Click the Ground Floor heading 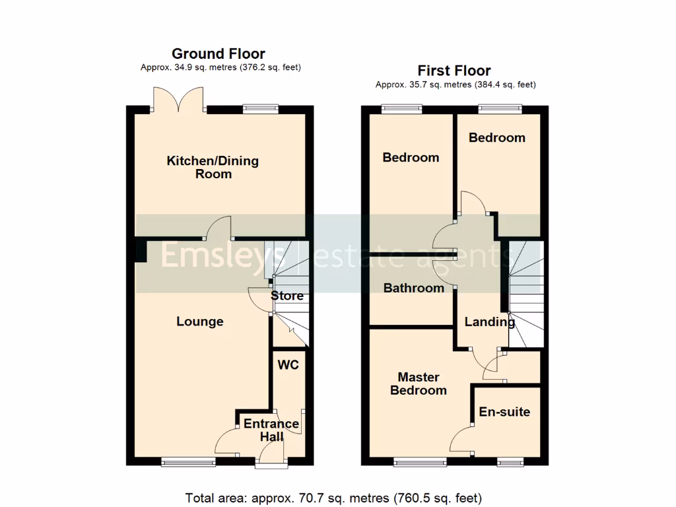(x=219, y=53)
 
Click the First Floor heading (x=454, y=71)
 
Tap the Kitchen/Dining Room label (x=213, y=167)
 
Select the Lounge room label (x=200, y=321)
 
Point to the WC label (x=288, y=365)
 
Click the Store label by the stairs (x=288, y=295)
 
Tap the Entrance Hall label (x=271, y=430)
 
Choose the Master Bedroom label (x=419, y=384)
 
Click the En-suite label (x=504, y=411)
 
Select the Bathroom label (x=414, y=288)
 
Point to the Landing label (x=489, y=322)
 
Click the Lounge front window (x=189, y=461)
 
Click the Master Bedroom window (x=419, y=461)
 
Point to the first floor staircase (x=525, y=294)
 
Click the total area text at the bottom (x=333, y=497)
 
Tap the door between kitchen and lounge (x=220, y=232)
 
